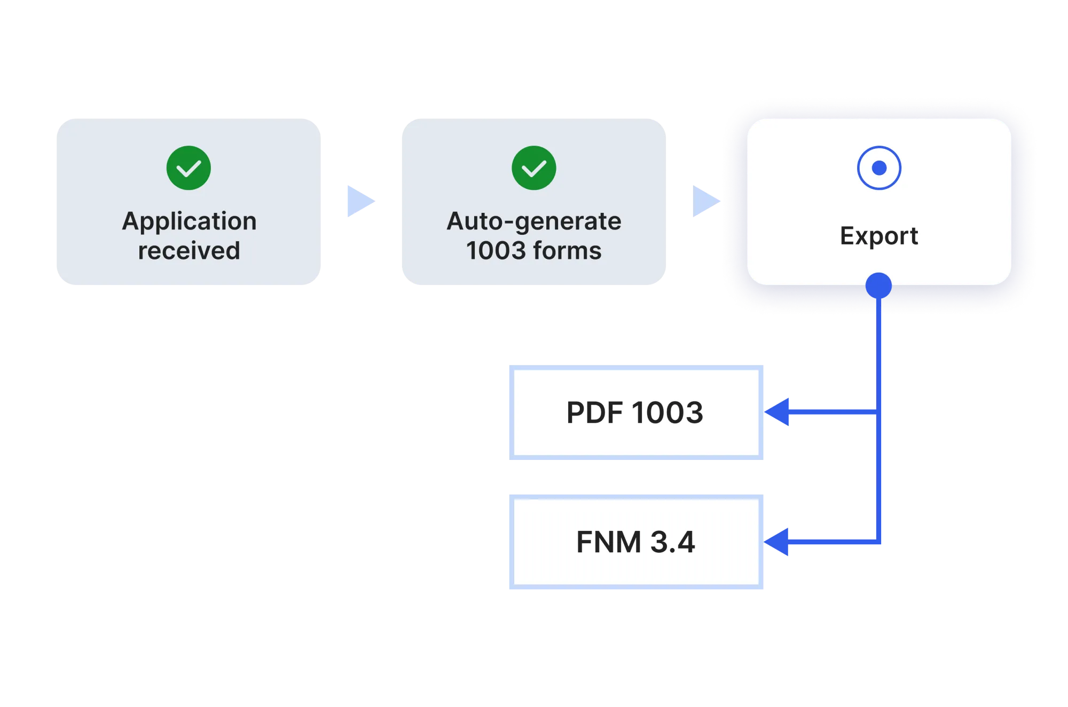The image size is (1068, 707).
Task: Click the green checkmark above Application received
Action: pos(189,168)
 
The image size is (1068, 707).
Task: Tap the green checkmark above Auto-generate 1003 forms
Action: pos(533,168)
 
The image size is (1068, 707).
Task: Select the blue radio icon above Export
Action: pos(879,168)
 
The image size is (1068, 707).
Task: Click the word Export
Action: pos(879,236)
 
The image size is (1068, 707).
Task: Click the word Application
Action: pos(189,221)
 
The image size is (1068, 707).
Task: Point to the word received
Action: pos(189,251)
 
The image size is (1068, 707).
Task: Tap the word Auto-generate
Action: pos(533,221)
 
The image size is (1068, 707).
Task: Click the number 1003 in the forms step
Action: pos(496,251)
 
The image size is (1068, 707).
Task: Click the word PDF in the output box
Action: pos(594,412)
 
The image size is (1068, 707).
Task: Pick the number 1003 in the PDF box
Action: pos(667,412)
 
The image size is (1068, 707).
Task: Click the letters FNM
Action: pos(609,542)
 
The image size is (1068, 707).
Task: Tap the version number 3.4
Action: pos(672,542)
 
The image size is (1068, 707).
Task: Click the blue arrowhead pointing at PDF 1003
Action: pos(778,412)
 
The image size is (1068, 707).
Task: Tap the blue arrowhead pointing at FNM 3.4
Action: pos(778,542)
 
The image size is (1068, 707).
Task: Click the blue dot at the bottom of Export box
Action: pos(878,286)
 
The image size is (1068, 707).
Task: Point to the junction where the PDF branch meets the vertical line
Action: pos(879,412)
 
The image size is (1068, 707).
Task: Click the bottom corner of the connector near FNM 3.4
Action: pos(879,542)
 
